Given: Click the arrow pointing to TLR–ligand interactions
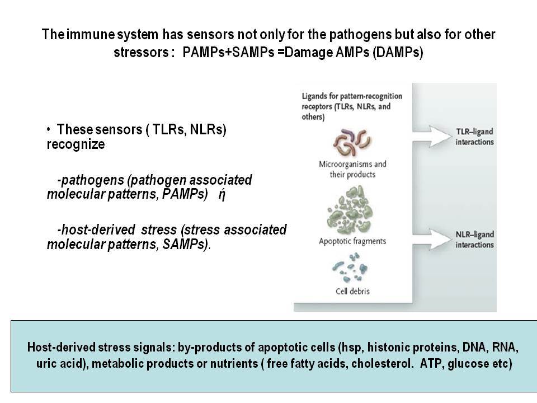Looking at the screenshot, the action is pos(432,137).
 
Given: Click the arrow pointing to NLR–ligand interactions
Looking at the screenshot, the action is pos(432,239).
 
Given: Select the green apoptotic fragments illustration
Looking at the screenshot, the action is pos(350,210).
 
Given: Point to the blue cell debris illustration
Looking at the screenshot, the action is pos(350,268).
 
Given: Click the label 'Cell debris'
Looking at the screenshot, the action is pos(352,291).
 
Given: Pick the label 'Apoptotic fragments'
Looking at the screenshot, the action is pos(352,241).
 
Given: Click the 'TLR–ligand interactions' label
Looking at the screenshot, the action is pos(475,137).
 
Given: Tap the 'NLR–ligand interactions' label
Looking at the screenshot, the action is pos(475,240).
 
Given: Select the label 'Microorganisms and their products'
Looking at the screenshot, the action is pos(352,169).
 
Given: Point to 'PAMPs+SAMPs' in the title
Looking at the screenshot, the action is pos(228,53).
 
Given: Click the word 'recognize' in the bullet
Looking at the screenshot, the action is pos(76,144).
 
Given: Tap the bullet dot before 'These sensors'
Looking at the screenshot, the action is pos(49,129).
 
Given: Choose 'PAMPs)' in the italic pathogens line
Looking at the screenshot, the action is pos(185,194).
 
